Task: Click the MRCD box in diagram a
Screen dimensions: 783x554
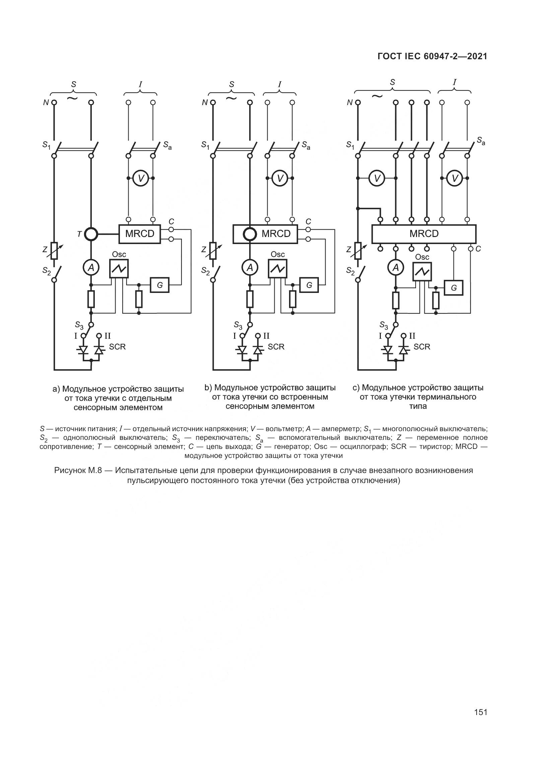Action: [140, 234]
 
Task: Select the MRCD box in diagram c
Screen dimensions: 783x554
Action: [424, 234]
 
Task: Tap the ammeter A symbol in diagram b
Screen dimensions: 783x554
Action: [250, 268]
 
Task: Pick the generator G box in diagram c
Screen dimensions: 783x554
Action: [454, 288]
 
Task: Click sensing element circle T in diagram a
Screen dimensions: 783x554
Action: [91, 234]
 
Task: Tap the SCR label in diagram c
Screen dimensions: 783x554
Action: [422, 347]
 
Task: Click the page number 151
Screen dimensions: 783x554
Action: [480, 712]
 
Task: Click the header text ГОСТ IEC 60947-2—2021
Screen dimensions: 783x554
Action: [432, 57]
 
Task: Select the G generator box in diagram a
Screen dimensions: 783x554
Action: [160, 285]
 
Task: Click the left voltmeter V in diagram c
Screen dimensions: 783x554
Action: [377, 178]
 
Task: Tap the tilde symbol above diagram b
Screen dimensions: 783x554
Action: [231, 98]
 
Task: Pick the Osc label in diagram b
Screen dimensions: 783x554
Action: [278, 254]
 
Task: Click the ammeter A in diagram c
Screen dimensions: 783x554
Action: [396, 268]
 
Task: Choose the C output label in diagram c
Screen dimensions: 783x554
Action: [478, 249]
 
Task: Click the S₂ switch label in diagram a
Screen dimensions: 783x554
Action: [47, 271]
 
